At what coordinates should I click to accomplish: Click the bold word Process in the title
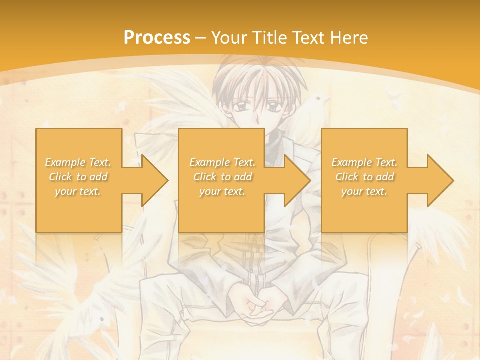[x=157, y=37]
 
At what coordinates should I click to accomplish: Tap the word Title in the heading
[x=270, y=37]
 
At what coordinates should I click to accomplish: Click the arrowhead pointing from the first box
[x=154, y=180]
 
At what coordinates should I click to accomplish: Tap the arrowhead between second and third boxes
[x=297, y=180]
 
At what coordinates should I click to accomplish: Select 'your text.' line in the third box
[x=364, y=191]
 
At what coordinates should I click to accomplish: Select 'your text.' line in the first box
[x=78, y=191]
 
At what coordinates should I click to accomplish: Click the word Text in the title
[x=308, y=37]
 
